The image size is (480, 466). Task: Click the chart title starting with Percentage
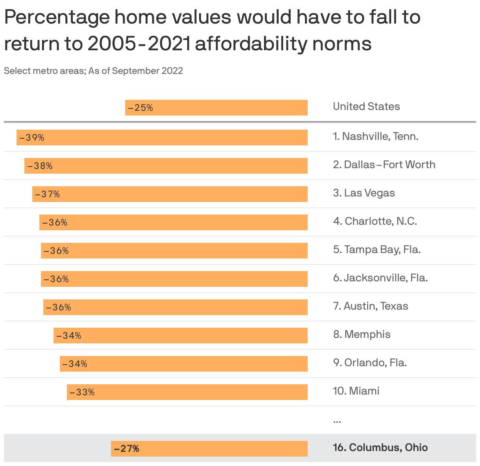tap(212, 30)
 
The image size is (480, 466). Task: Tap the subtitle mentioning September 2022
tap(93, 71)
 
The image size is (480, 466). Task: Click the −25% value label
tap(140, 108)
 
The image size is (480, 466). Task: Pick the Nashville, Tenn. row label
tap(375, 136)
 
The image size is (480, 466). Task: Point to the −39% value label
tap(32, 138)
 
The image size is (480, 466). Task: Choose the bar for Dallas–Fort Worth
tap(166, 166)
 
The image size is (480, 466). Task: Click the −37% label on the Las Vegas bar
tap(47, 194)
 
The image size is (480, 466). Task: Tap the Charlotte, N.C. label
tap(375, 221)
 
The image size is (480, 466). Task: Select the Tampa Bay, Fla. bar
tap(174, 251)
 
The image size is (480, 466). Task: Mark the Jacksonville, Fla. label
tap(380, 278)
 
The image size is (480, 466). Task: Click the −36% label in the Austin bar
tap(58, 307)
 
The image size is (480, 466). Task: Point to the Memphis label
tap(362, 334)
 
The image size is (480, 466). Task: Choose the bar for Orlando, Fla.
tap(183, 364)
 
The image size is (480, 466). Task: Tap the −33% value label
tap(82, 392)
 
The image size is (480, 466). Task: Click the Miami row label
tap(356, 391)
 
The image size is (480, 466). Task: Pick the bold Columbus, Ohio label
tap(380, 448)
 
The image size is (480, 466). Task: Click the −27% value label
tap(127, 449)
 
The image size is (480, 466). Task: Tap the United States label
tap(366, 106)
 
